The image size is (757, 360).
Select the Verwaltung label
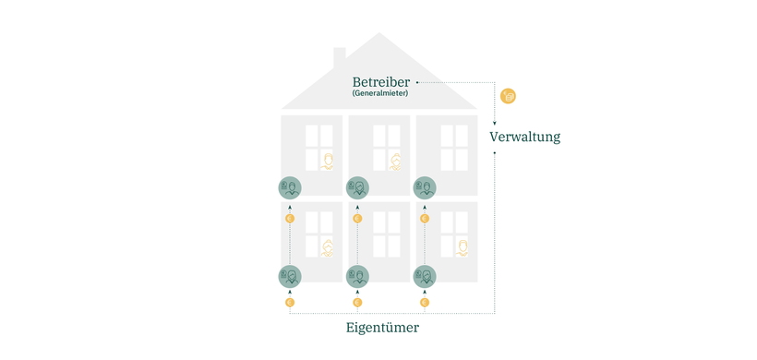524,137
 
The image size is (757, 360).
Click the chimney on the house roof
339,55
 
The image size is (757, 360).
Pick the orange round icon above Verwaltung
508,96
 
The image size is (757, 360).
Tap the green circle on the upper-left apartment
290,188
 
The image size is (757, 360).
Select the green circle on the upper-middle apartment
357,188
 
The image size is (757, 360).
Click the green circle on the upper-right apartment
425,188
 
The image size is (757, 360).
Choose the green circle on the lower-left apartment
290,276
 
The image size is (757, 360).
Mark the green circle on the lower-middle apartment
357,276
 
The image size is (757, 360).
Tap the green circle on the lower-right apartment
425,276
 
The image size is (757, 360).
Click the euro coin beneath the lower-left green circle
290,302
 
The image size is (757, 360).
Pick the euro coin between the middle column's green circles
357,219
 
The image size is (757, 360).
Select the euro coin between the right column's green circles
425,219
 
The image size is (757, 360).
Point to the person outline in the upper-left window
327,162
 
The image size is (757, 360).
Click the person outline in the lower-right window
462,246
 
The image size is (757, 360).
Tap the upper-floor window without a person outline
453,147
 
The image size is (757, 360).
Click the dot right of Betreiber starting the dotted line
417,82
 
